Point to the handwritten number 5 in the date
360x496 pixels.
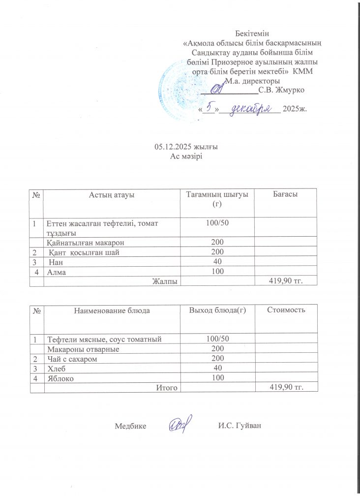click(210, 107)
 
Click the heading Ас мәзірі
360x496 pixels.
click(186, 156)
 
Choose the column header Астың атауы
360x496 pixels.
click(112, 195)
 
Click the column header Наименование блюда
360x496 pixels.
click(112, 310)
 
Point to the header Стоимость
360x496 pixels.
click(286, 310)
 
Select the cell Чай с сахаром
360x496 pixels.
click(71, 359)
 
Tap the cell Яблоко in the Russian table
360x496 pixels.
click(60, 378)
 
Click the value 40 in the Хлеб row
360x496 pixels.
click(217, 368)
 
